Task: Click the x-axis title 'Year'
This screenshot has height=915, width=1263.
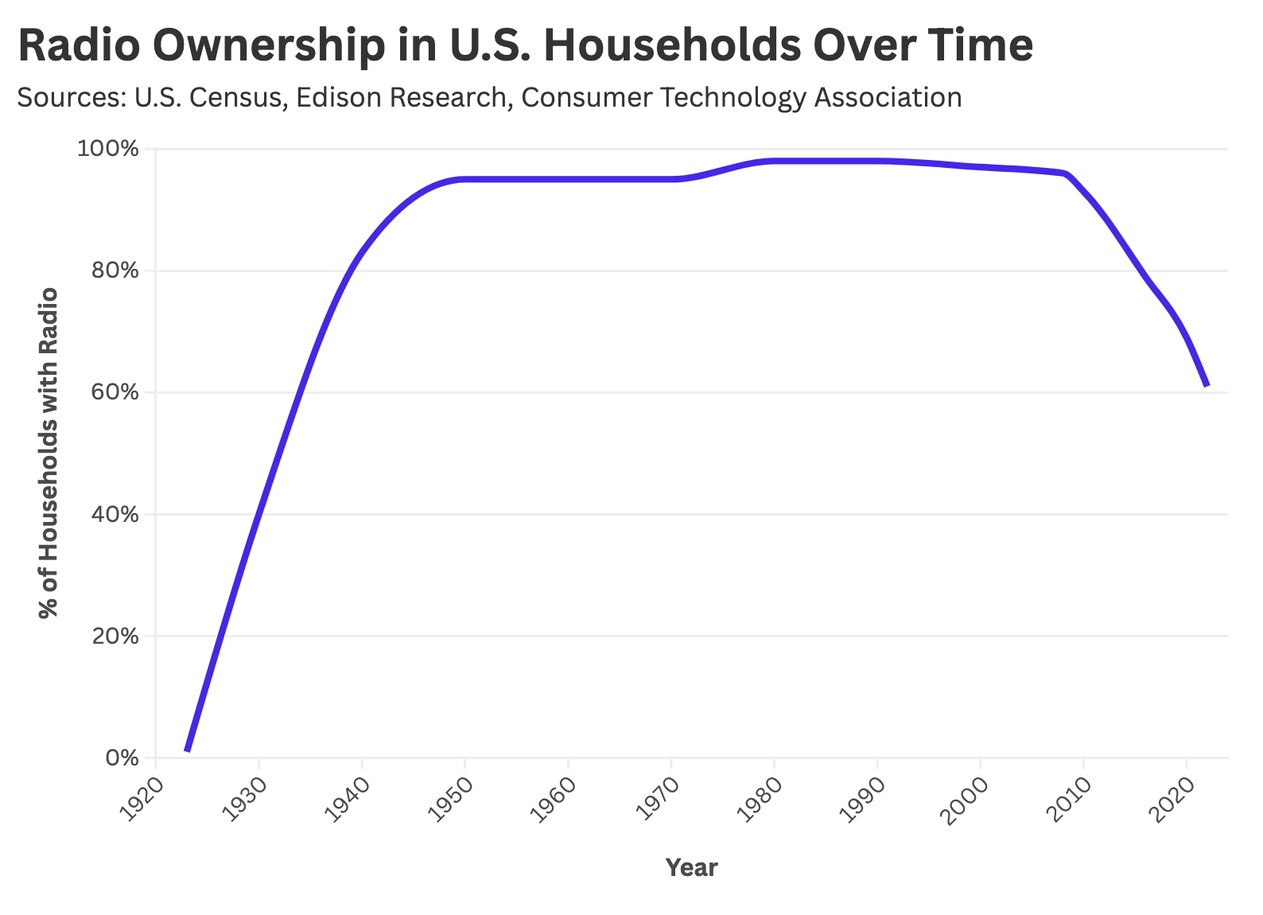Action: pyautogui.click(x=691, y=868)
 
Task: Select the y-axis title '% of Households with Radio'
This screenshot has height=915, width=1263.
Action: pyautogui.click(x=49, y=454)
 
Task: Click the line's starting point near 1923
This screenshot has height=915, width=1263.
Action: pyautogui.click(x=187, y=750)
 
